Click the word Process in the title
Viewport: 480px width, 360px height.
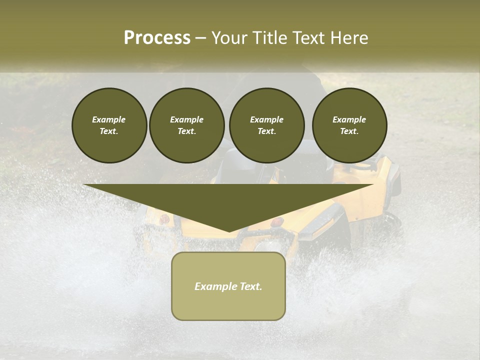157,38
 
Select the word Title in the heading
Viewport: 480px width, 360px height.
272,38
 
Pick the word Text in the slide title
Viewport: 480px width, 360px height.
309,38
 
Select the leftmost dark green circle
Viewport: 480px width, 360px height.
109,125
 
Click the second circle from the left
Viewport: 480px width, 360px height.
187,125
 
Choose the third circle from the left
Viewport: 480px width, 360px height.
266,125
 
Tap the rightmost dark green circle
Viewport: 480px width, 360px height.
349,125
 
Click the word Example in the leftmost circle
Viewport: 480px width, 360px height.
109,119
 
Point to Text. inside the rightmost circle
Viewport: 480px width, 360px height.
349,131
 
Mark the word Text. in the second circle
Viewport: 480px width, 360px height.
186,131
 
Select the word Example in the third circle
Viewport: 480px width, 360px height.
266,119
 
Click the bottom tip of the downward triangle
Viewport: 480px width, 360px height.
229,231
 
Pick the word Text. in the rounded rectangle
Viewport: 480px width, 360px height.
251,286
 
